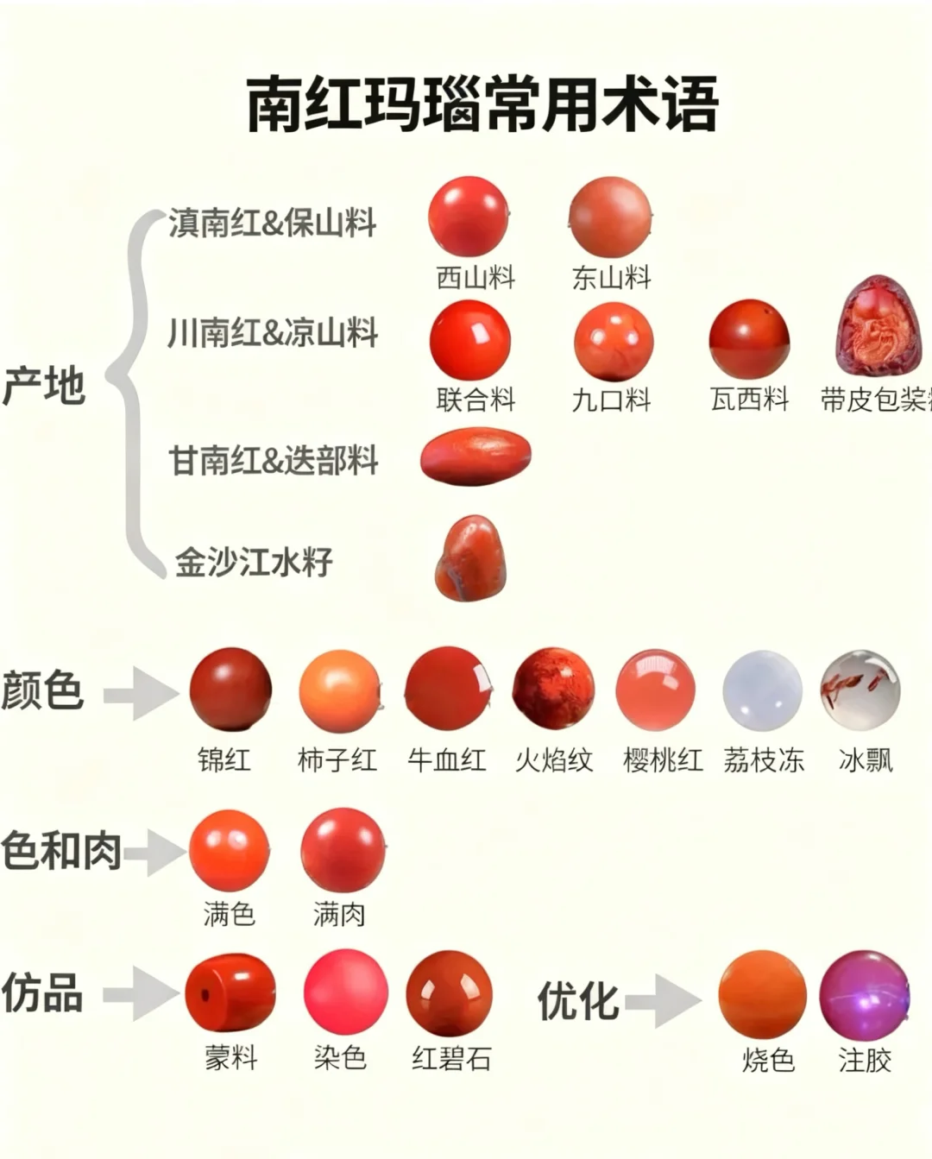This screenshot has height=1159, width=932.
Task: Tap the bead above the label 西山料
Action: point(469,217)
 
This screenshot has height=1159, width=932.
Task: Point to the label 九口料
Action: point(611,400)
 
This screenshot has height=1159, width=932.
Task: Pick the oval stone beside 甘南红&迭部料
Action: point(475,456)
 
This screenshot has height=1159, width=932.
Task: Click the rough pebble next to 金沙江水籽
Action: point(470,558)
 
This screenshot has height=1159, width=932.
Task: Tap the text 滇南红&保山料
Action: point(272,223)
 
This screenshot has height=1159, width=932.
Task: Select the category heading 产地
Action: point(43,385)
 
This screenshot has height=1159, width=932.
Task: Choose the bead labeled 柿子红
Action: point(339,691)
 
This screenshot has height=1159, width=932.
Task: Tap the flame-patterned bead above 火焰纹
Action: point(553,689)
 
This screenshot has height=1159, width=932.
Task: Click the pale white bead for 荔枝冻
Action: point(762,690)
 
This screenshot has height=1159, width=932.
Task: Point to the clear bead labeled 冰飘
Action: point(860,690)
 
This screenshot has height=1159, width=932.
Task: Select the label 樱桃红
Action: point(662,759)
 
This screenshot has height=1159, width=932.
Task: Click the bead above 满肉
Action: point(343,850)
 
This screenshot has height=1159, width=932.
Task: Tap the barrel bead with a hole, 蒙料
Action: point(230,992)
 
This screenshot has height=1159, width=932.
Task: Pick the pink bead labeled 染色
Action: point(345,992)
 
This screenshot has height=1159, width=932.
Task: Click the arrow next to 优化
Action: point(664,1001)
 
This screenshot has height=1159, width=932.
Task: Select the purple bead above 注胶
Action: point(864,995)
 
